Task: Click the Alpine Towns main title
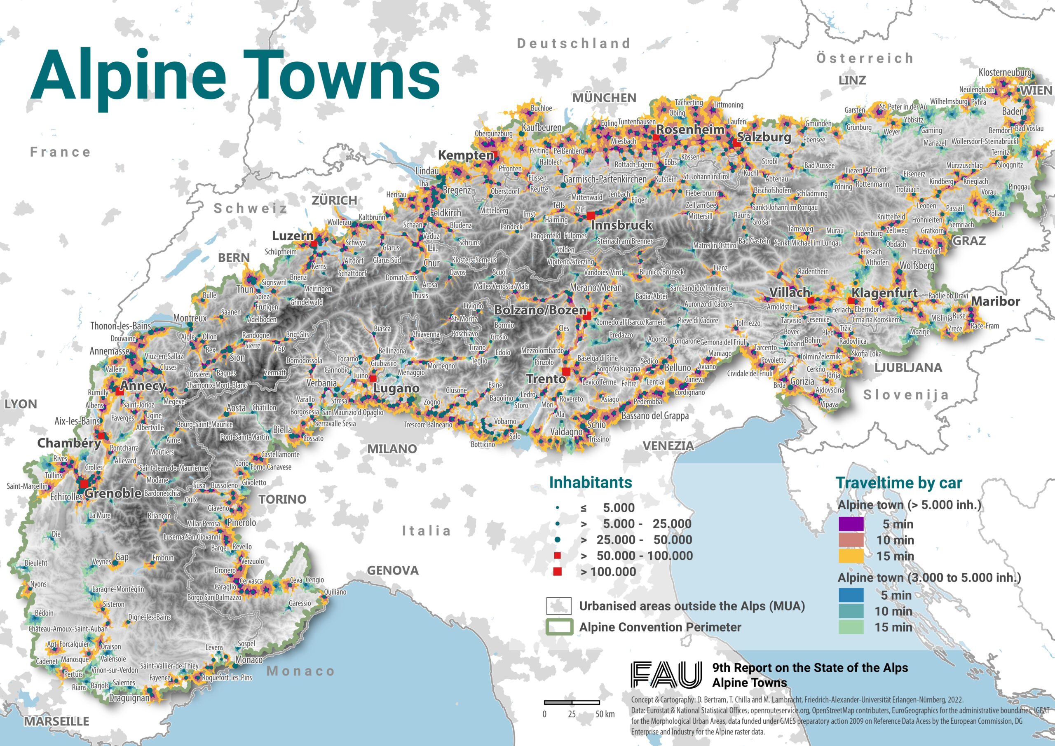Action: [235, 76]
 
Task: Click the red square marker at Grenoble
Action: [84, 484]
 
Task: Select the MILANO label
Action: [392, 448]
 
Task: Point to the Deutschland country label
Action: [574, 43]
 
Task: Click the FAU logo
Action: [666, 675]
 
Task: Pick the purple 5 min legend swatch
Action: [851, 524]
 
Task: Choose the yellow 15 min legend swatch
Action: [851, 556]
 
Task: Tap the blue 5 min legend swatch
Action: [851, 595]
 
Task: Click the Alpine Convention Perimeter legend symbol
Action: [559, 627]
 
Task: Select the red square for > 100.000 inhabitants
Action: [557, 572]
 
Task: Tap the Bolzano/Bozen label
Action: [540, 310]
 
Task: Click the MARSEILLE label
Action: [56, 721]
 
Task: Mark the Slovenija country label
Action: [906, 394]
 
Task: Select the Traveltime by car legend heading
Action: [898, 483]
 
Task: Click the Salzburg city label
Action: [764, 137]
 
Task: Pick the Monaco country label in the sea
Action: [300, 671]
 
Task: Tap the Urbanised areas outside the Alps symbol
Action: [559, 606]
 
